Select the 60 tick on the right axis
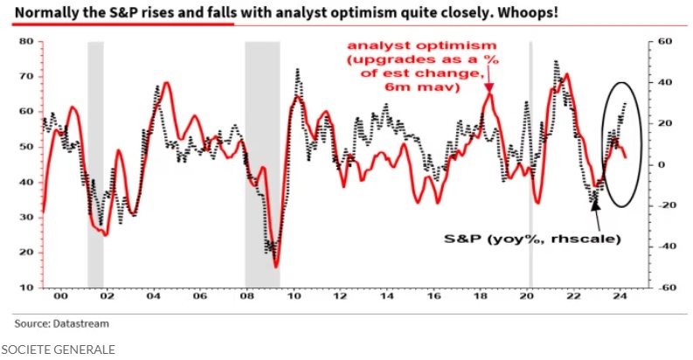[663, 42]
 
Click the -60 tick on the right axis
[662, 287]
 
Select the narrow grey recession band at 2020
[530, 164]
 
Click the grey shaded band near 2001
[95, 164]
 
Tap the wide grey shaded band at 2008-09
[262, 164]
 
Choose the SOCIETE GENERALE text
[58, 349]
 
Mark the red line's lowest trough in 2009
[276, 266]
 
